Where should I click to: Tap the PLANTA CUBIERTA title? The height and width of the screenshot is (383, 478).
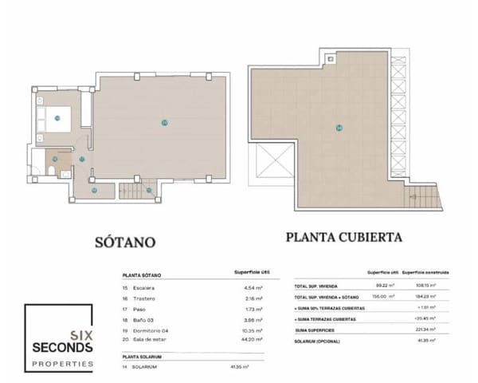click(343, 237)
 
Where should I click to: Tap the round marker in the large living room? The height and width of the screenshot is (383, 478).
click(164, 122)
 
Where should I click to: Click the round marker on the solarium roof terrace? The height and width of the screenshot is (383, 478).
click(339, 128)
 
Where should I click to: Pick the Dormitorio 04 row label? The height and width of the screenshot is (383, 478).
click(153, 329)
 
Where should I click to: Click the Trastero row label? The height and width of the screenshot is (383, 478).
click(144, 298)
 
